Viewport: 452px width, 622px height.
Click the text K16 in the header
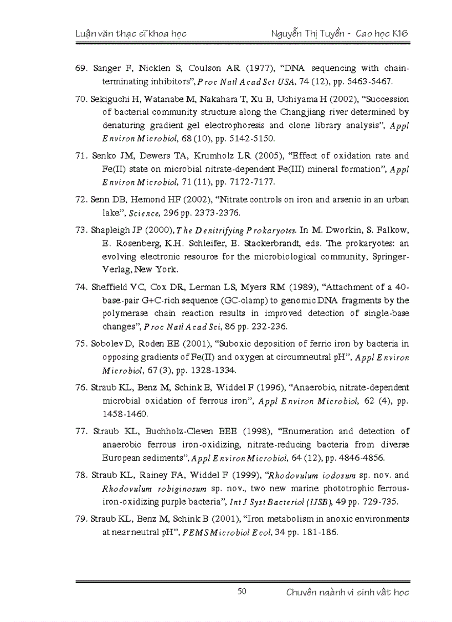coord(399,33)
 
